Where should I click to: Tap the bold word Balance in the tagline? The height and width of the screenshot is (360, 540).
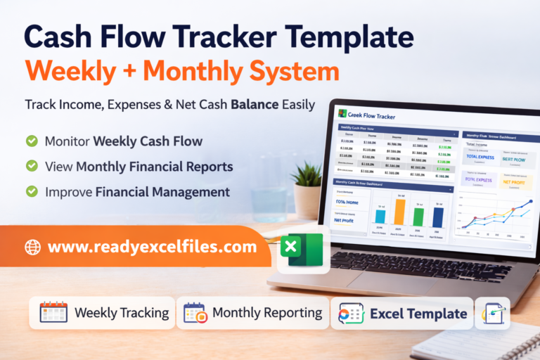click(238, 104)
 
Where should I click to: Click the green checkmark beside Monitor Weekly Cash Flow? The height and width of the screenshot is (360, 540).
click(32, 141)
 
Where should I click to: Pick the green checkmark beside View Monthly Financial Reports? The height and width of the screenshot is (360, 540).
click(32, 167)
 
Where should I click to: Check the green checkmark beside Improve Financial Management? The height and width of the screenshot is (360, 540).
click(32, 191)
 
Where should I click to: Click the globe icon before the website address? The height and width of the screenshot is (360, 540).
click(32, 247)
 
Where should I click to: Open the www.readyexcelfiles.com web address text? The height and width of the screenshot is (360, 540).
click(152, 247)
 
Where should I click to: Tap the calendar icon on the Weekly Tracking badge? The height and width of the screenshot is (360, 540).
click(53, 313)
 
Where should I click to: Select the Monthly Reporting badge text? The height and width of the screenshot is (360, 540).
click(267, 313)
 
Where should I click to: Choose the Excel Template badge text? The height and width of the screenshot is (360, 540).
click(418, 314)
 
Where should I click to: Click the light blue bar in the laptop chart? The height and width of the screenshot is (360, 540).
click(381, 217)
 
